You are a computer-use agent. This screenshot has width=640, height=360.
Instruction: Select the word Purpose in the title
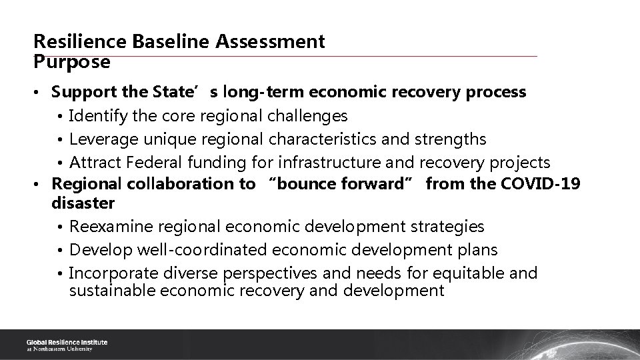click(72, 62)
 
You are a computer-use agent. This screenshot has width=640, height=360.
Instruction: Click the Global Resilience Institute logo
click(67, 345)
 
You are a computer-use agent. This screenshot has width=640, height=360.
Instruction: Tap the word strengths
click(451, 139)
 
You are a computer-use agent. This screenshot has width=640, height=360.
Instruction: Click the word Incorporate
click(107, 273)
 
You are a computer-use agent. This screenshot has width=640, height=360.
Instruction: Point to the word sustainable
click(110, 290)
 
